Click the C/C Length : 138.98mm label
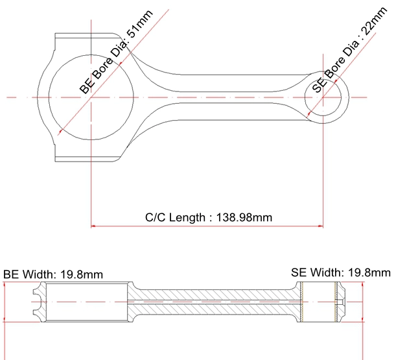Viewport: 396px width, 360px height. (209, 217)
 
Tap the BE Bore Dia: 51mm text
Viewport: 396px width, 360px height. (116, 52)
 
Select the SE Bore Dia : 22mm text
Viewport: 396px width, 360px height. (350, 50)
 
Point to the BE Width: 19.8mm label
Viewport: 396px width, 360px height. (53, 274)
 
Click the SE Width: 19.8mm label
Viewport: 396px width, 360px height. (341, 272)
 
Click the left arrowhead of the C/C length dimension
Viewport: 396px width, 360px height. (93, 226)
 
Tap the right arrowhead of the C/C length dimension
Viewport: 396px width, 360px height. (321, 226)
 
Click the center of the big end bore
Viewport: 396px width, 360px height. (91, 97)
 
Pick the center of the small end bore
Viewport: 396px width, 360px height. (323, 97)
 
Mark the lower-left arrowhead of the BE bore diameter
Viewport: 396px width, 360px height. (61, 131)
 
